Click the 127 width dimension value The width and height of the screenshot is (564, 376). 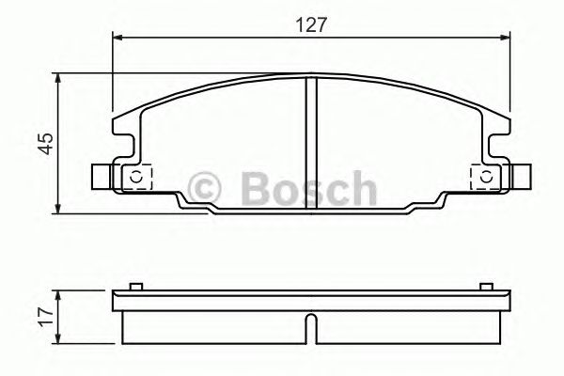click(x=310, y=25)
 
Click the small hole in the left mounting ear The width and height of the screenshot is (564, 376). click(x=135, y=177)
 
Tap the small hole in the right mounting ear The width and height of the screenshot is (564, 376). click(x=485, y=177)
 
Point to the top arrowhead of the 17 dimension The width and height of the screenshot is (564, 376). click(x=61, y=294)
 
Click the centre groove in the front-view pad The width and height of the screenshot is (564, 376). click(x=311, y=141)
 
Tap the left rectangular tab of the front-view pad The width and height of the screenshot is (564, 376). click(x=102, y=177)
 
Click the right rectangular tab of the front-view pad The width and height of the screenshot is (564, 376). click(x=517, y=177)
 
